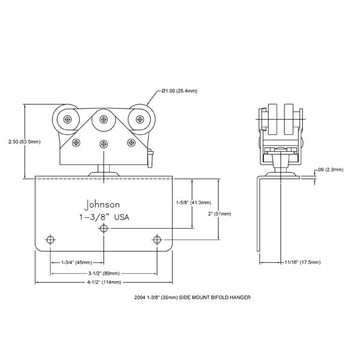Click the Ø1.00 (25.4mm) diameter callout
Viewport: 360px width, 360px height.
point(181,91)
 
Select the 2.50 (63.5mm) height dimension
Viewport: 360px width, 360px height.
point(20,142)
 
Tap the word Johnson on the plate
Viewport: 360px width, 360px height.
point(103,203)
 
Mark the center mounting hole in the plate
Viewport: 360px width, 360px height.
point(104,229)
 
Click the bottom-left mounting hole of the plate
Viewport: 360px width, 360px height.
point(50,240)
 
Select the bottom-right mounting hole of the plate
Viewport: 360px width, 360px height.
point(157,240)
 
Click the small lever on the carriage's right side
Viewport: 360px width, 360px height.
point(152,158)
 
